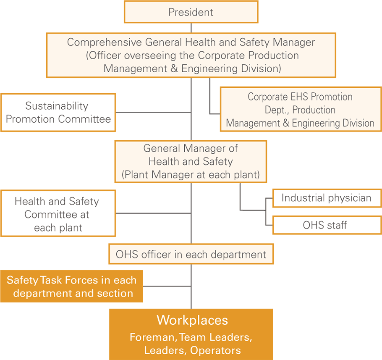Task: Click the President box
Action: pos(191,12)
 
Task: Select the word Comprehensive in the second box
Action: pos(104,42)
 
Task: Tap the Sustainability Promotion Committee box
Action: pos(58,112)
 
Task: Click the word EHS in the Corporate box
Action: pos(300,97)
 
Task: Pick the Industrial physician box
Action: pos(327,198)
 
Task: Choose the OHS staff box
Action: pos(327,225)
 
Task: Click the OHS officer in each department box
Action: pos(191,254)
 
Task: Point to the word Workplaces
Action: pos(192,320)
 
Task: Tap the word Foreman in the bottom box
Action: pos(152,337)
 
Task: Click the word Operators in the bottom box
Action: pos(215,350)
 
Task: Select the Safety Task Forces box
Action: pos(71,286)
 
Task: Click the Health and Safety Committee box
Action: pos(58,213)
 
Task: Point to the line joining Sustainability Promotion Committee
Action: pos(153,112)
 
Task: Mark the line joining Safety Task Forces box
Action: pos(167,286)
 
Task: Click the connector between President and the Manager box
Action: pos(191,28)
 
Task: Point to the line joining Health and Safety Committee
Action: pos(153,213)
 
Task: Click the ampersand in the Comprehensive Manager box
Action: pos(174,69)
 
